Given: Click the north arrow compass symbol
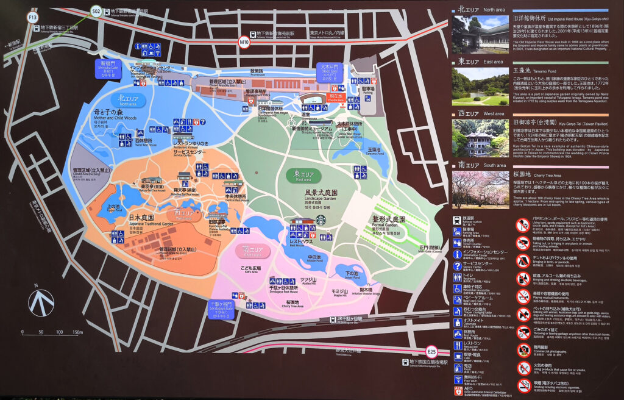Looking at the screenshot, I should pos(43,301).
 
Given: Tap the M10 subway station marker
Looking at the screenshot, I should pos(244,41).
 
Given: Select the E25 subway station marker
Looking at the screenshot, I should pos(432,351).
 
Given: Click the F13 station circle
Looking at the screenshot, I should pos(33,18).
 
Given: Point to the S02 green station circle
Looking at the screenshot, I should pos(96,11).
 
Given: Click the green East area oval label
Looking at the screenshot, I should pos(303,176).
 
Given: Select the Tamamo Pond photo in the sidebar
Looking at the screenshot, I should pos(480,86).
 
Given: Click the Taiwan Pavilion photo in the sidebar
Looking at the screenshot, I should pos(480,138).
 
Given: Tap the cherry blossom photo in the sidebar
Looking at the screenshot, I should pos(480,190).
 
